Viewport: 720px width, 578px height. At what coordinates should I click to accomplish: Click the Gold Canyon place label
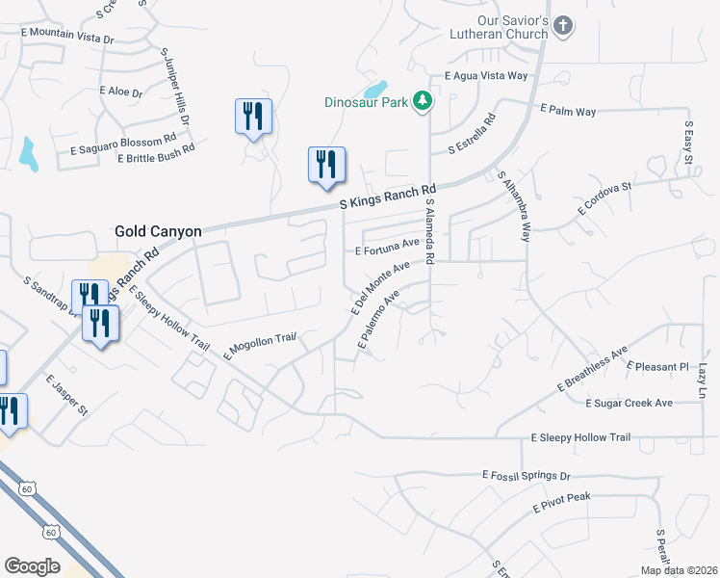click(158, 231)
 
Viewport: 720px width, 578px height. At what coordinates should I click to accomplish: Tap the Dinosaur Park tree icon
click(422, 101)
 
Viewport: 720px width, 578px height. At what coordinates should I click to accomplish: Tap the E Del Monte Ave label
click(381, 287)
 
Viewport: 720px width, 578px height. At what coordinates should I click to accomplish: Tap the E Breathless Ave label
click(592, 369)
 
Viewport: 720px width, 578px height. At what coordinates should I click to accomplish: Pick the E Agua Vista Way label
click(486, 75)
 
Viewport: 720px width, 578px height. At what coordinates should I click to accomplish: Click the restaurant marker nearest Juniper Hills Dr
click(253, 118)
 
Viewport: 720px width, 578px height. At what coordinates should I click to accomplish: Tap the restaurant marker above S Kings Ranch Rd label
click(326, 165)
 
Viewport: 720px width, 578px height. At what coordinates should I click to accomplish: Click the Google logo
click(32, 566)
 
